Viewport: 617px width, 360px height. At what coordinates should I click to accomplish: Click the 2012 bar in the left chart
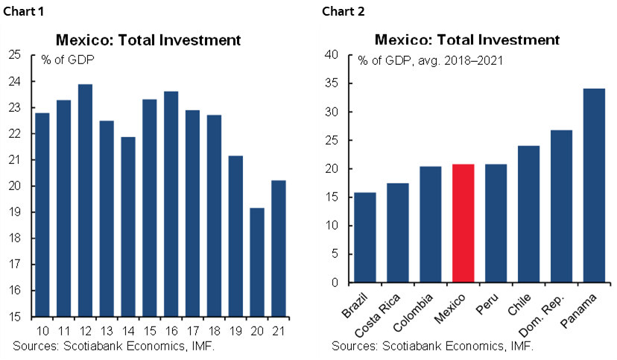tap(85, 200)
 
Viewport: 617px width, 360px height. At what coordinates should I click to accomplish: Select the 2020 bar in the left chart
tap(257, 262)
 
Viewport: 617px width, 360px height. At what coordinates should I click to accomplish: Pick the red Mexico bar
tap(463, 224)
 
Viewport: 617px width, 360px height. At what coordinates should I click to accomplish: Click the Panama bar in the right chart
tap(594, 186)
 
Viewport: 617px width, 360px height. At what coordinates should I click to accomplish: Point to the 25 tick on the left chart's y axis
tap(15, 55)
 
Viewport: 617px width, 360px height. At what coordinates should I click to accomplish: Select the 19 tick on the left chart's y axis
tap(15, 212)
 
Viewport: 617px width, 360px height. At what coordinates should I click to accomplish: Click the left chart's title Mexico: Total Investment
tap(149, 40)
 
